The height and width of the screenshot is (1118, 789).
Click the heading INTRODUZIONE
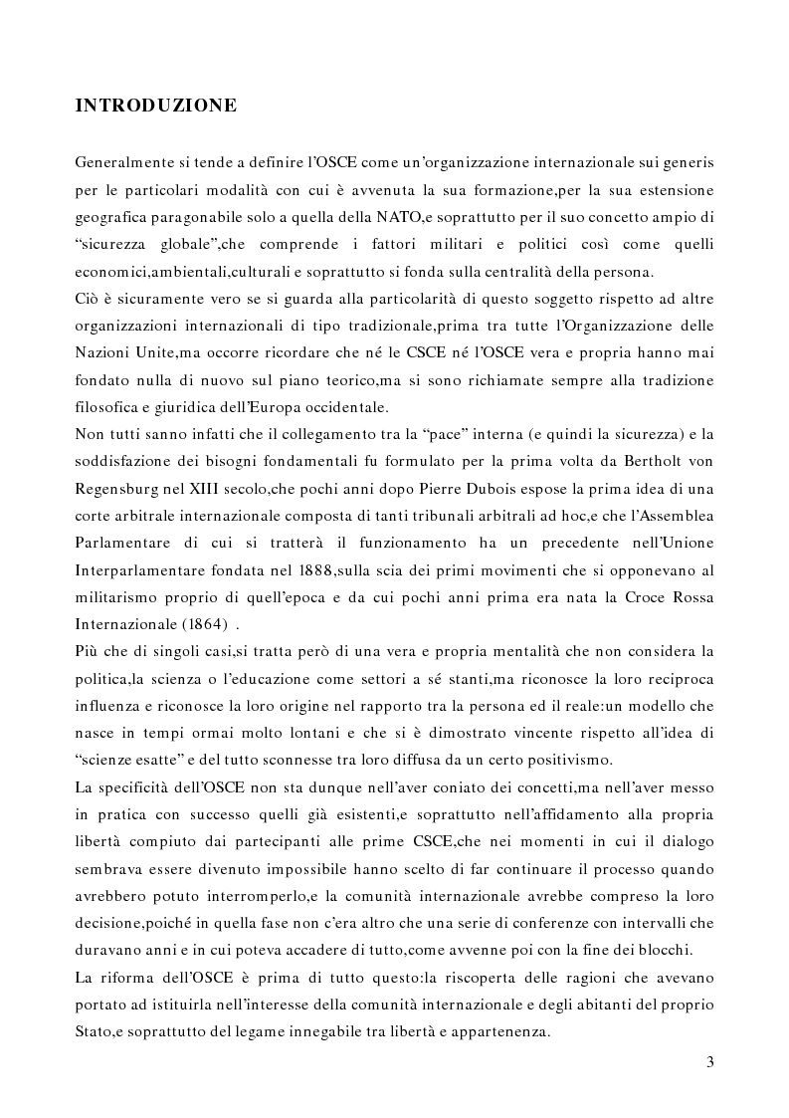[x=155, y=105]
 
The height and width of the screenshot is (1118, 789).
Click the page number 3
[x=709, y=1060]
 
